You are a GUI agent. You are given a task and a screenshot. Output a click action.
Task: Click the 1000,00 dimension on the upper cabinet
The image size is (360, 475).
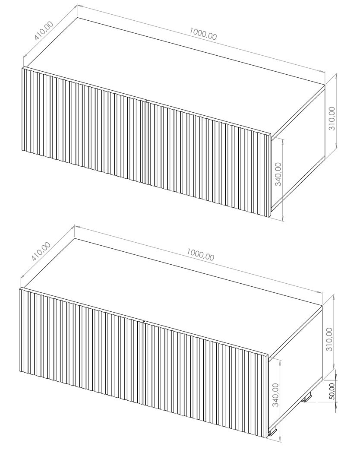203,34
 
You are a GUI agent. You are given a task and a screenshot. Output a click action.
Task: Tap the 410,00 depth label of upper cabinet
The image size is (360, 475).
44,31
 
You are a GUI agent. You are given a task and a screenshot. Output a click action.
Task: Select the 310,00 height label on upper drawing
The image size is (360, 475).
332,118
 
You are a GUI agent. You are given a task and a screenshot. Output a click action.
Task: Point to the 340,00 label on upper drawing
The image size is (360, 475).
278,174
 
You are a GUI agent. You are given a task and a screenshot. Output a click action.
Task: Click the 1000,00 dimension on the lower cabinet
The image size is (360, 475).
200,254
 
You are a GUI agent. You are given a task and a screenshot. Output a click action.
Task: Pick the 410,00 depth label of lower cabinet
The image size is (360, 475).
41,251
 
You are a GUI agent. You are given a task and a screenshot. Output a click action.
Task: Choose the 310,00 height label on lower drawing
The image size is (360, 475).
329,339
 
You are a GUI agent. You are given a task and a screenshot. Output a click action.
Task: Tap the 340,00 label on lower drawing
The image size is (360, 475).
276,395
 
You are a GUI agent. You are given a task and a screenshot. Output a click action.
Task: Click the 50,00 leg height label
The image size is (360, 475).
332,391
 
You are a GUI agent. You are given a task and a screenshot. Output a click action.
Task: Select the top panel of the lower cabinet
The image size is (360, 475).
173,296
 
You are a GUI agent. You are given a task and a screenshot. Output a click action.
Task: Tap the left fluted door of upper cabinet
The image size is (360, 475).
84,125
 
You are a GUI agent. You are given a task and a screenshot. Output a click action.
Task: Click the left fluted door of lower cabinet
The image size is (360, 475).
81,345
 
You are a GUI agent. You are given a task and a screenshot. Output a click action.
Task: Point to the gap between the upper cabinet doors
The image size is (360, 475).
146,141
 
